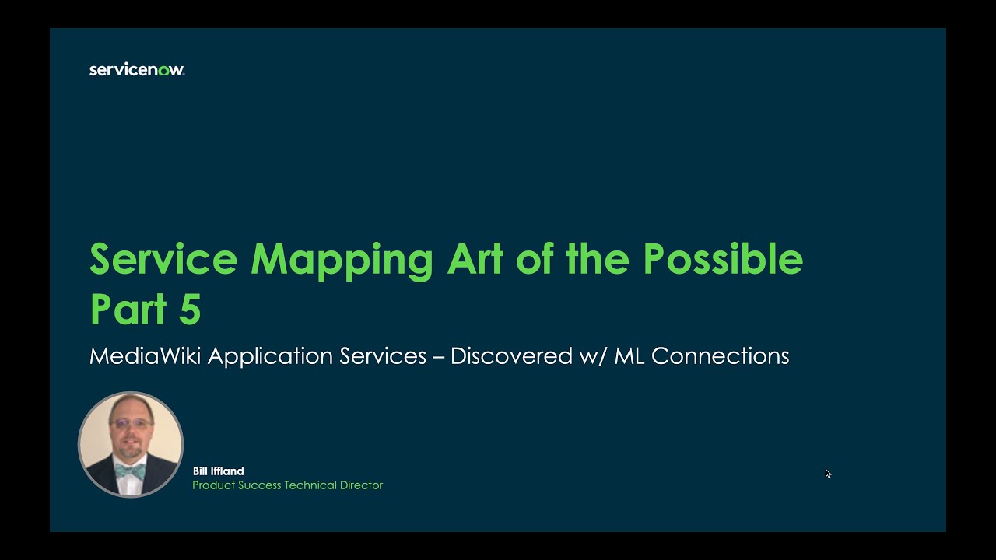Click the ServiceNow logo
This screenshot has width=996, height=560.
point(137,70)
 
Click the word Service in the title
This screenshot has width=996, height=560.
point(163,259)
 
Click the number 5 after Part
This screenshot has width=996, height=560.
point(190,310)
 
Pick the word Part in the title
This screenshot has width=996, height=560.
point(128,310)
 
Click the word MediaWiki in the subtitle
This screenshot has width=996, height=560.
point(146,356)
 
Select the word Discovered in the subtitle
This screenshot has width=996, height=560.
point(512,356)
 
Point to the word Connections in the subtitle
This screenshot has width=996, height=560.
point(721,356)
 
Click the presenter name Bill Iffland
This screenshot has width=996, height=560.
point(219,471)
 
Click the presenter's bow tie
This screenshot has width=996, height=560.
point(130,471)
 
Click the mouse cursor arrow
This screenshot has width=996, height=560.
point(828,473)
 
